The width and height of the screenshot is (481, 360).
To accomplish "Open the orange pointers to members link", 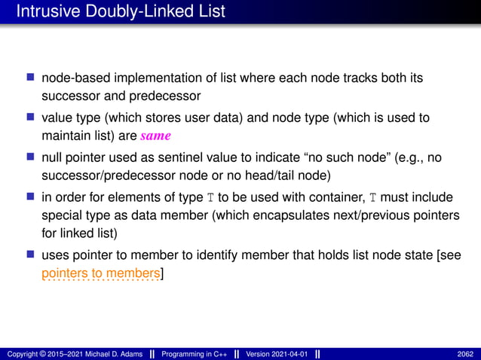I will (x=101, y=275).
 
